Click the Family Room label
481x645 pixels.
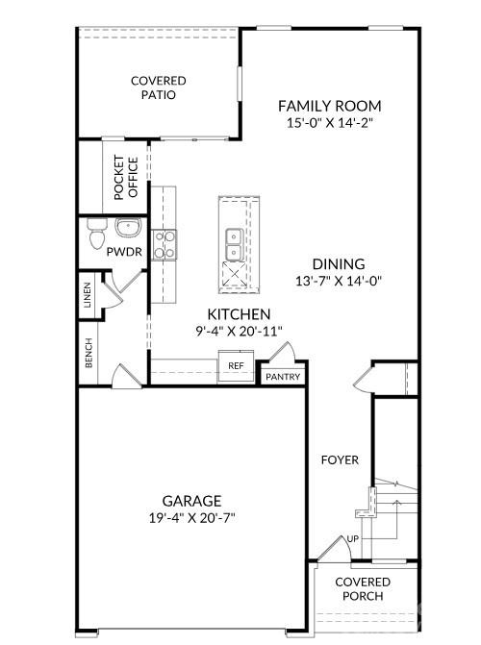(x=330, y=106)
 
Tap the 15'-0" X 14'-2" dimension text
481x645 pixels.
(x=330, y=123)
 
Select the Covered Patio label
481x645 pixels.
(x=159, y=87)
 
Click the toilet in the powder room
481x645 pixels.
(x=95, y=234)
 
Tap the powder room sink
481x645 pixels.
(x=127, y=229)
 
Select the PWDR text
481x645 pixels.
(x=123, y=252)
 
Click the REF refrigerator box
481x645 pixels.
(x=235, y=365)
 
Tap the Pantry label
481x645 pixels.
(x=284, y=377)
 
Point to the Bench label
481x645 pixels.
(x=88, y=354)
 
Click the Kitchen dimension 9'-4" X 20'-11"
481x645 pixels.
(x=239, y=331)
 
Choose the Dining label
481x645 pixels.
(x=338, y=264)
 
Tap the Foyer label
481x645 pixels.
(x=340, y=460)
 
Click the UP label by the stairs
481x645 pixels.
(x=352, y=539)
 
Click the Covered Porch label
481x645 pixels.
(x=363, y=588)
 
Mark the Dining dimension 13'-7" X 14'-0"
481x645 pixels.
(x=338, y=282)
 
